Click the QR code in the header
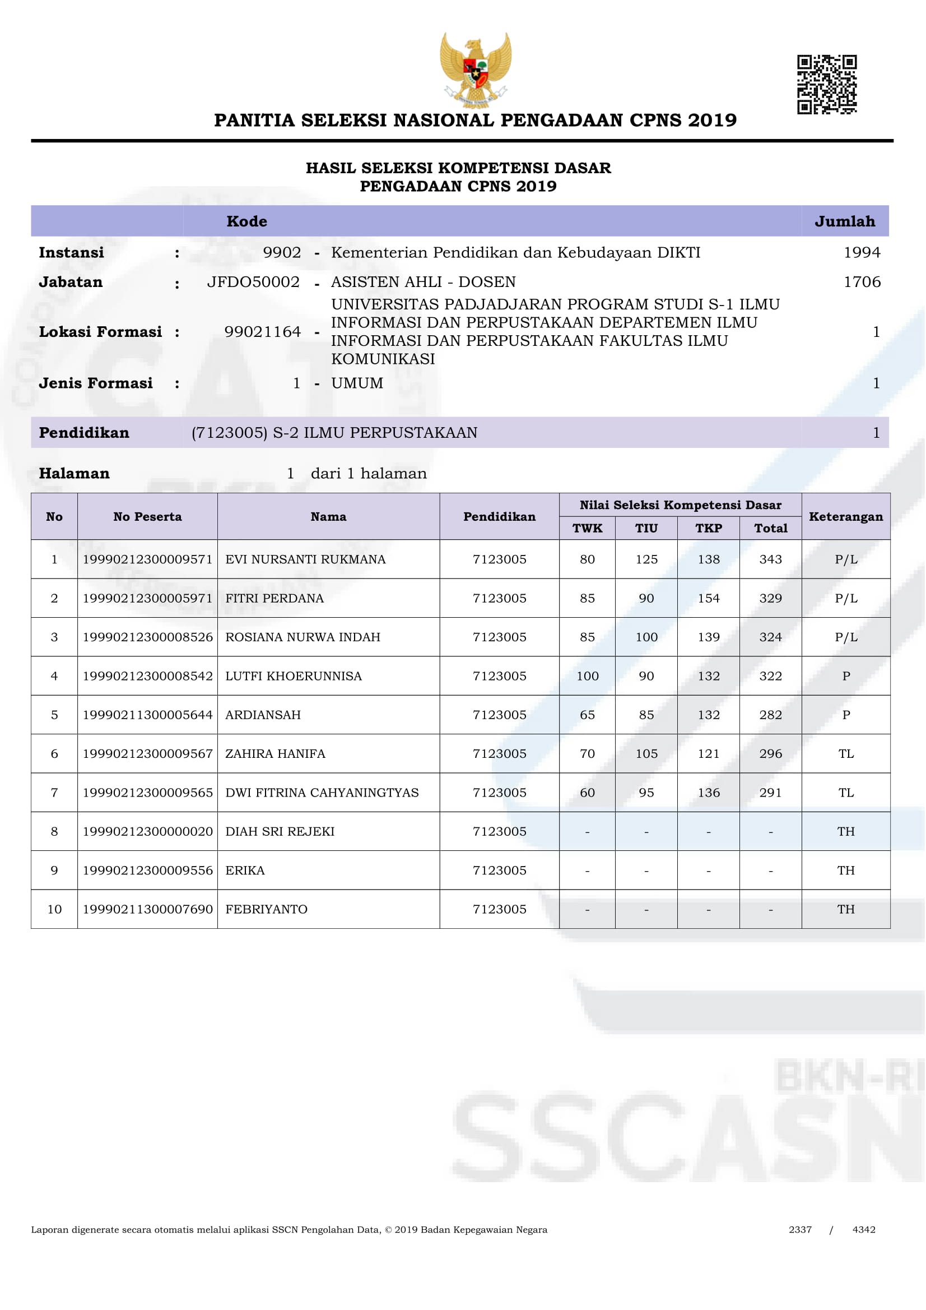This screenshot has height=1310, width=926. click(x=826, y=85)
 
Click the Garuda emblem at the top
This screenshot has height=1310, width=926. click(x=475, y=70)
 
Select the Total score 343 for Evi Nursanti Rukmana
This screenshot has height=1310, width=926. click(x=770, y=559)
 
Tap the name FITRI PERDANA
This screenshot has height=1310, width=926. click(x=274, y=598)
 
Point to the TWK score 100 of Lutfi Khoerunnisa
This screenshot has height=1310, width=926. click(x=587, y=676)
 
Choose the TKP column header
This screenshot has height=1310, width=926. click(x=708, y=528)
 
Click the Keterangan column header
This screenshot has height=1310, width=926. click(x=845, y=516)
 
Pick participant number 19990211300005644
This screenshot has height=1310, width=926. click(x=148, y=715)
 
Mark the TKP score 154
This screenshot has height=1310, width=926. click(x=708, y=598)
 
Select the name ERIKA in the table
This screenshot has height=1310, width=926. click(x=245, y=870)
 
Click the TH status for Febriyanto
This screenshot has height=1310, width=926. click(x=845, y=909)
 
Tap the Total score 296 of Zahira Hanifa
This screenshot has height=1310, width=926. click(x=770, y=754)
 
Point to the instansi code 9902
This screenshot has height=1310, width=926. click(x=282, y=252)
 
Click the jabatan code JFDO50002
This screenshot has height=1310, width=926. click(x=253, y=282)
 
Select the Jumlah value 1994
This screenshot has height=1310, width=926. click(x=862, y=252)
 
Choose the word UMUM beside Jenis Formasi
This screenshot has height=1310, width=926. click(x=357, y=383)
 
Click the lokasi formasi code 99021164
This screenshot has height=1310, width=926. click(x=262, y=331)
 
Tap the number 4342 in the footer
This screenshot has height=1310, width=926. click(x=863, y=1229)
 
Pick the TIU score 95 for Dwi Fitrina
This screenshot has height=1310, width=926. click(x=646, y=793)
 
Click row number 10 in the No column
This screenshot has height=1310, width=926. click(x=54, y=909)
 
